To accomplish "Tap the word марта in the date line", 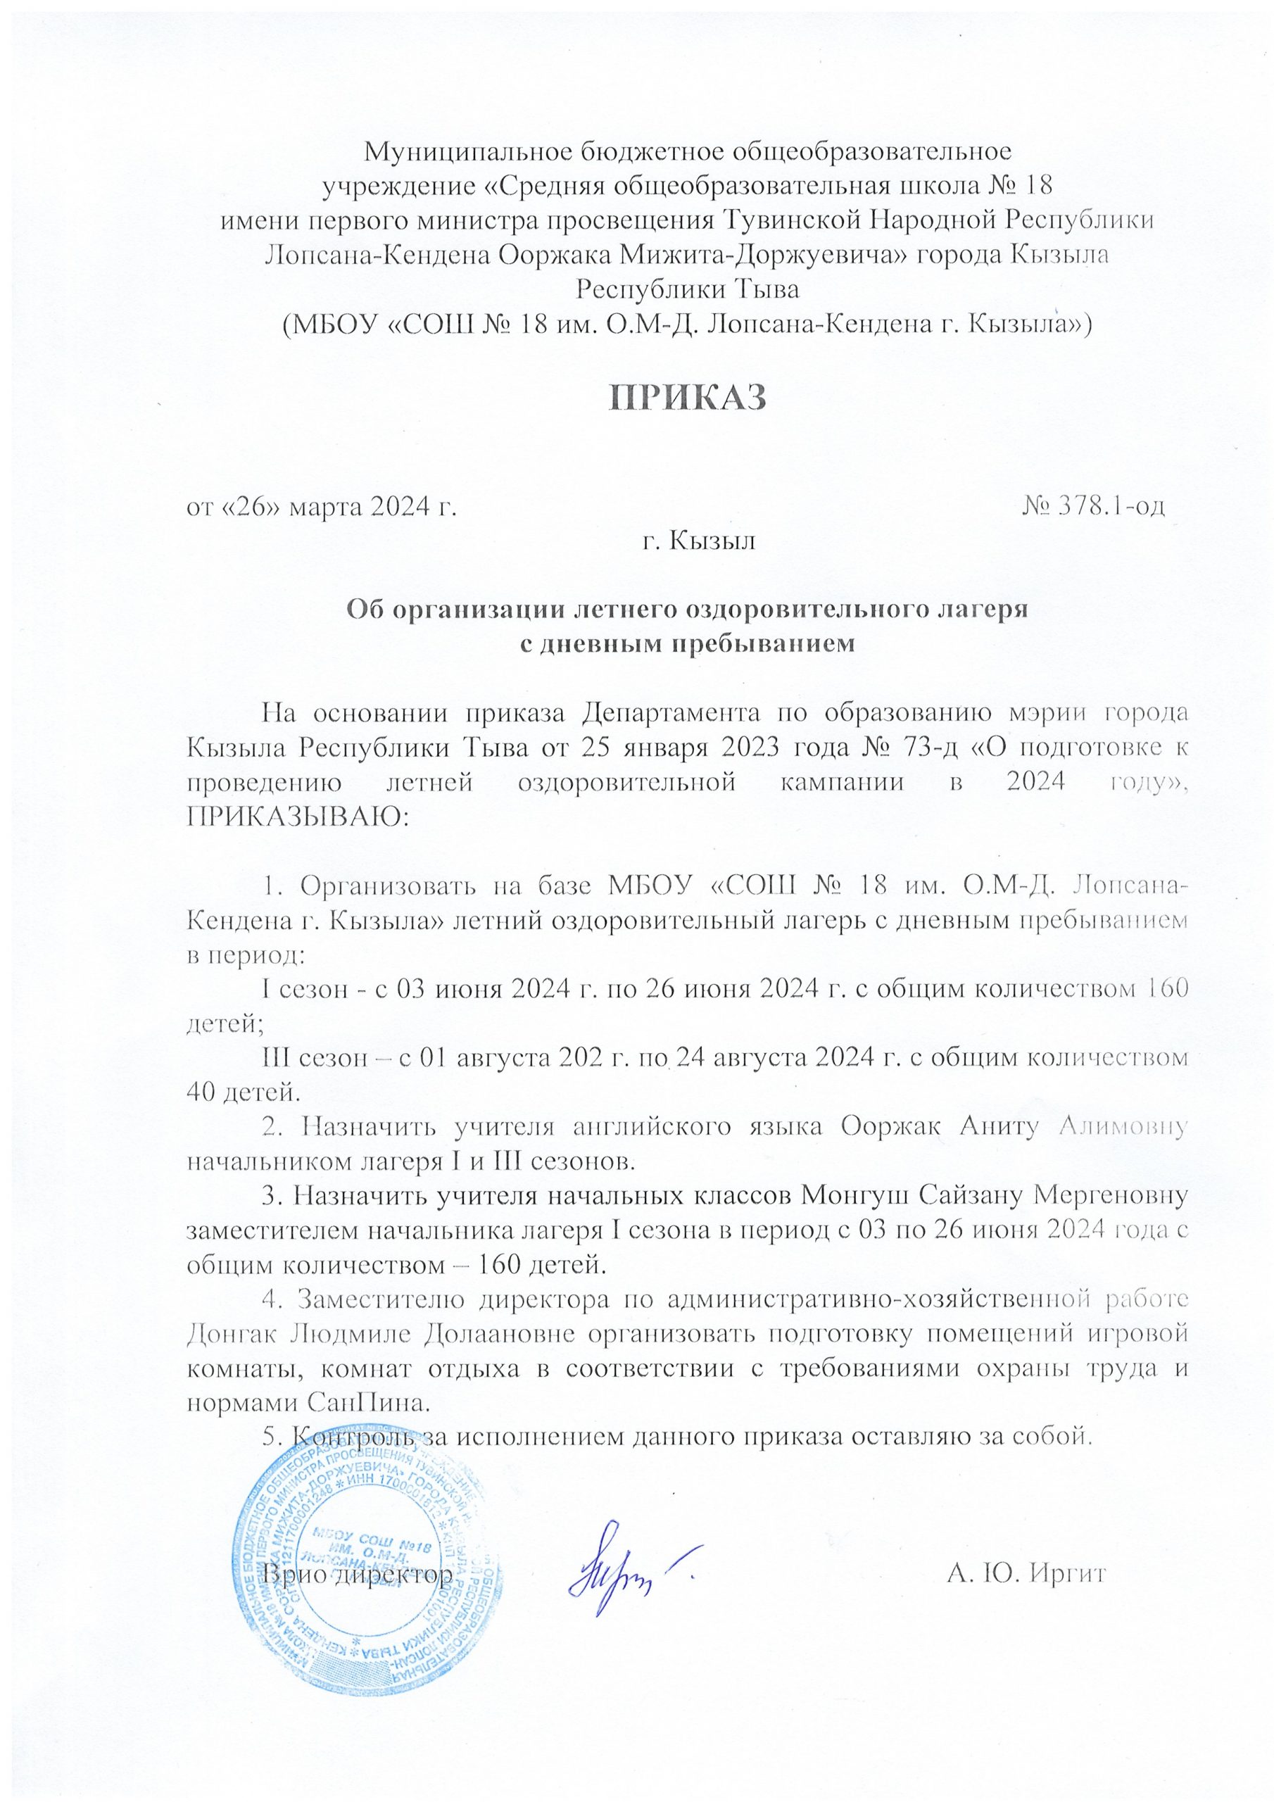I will coord(323,507).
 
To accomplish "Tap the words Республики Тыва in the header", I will coord(687,289).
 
